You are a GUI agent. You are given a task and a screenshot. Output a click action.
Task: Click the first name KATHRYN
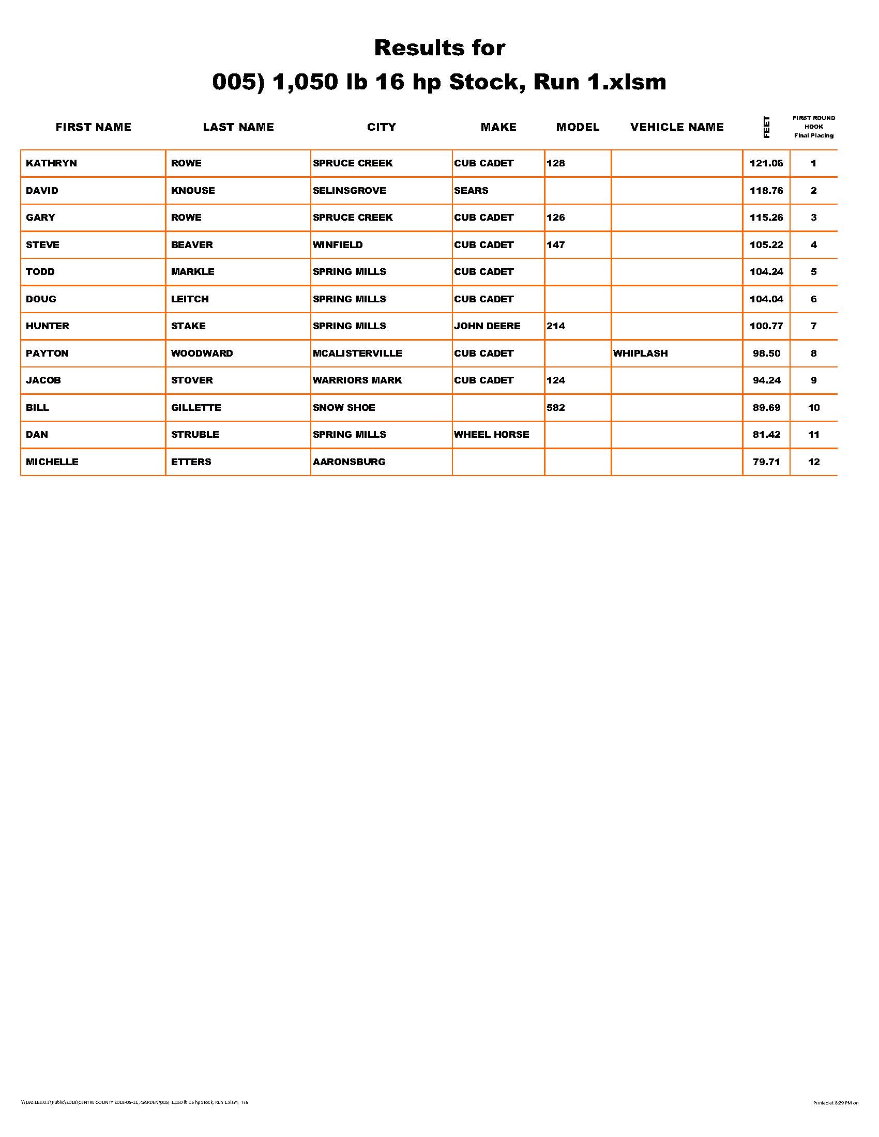51,163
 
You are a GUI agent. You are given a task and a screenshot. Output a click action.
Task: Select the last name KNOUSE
193,191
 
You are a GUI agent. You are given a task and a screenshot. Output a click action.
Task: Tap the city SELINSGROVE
349,191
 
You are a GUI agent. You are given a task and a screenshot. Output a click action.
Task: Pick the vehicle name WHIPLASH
640,354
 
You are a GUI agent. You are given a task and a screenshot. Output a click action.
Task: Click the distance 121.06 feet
766,163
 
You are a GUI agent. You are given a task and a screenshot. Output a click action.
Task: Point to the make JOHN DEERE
487,327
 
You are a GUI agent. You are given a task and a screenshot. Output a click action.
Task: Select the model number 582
556,408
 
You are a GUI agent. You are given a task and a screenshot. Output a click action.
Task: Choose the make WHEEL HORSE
491,435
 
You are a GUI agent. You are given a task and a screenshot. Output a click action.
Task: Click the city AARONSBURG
349,462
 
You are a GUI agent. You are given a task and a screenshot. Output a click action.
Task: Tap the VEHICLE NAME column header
676,128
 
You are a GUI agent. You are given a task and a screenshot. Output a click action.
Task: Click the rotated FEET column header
766,127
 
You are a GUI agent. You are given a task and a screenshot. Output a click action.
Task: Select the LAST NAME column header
238,128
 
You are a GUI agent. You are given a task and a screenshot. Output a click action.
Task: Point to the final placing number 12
813,462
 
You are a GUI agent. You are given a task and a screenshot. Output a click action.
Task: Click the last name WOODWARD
202,354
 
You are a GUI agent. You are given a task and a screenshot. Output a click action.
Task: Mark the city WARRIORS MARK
357,380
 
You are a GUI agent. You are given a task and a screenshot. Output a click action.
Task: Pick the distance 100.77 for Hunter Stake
766,327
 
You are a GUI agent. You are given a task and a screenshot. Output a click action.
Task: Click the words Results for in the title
439,49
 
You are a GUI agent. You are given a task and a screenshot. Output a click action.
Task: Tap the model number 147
556,244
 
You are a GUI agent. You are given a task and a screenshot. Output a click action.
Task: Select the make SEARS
471,191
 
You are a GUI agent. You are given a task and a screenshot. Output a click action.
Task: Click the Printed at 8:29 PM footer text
835,1103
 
